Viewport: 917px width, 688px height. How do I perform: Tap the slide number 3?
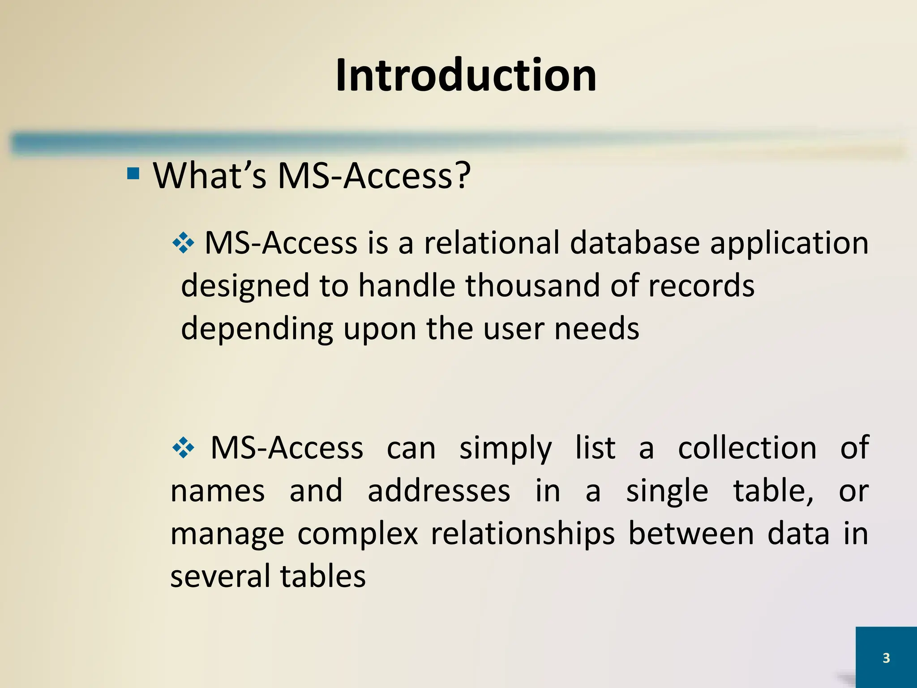click(886, 658)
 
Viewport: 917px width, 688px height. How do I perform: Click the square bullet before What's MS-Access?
click(133, 173)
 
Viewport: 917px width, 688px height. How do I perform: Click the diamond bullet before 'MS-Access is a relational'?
click(183, 244)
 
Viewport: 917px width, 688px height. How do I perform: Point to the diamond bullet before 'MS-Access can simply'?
click(183, 448)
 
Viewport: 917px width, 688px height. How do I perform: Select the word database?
click(635, 243)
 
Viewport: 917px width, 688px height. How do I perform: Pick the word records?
click(701, 285)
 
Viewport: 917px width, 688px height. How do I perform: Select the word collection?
click(747, 447)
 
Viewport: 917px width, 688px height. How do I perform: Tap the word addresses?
click(439, 490)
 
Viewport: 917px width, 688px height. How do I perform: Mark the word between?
click(691, 533)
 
